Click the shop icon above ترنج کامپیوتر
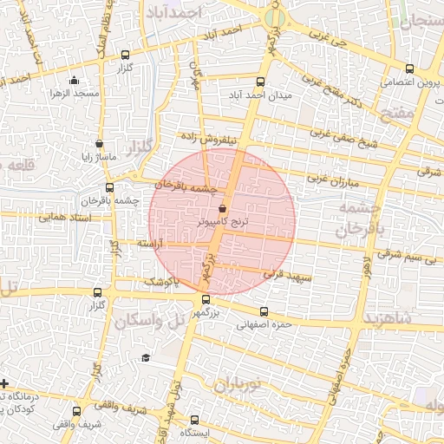point(223,208)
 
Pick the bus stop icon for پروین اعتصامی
point(410,69)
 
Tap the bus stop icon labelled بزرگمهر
point(206,299)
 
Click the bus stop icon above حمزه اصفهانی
point(264,312)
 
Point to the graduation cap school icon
point(146,357)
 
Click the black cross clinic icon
point(5,382)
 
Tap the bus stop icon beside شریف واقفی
point(77,412)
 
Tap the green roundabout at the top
point(275,16)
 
